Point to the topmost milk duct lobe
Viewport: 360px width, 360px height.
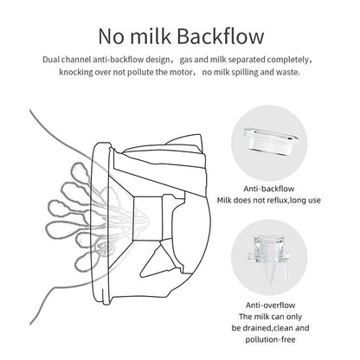tap(76, 160)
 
